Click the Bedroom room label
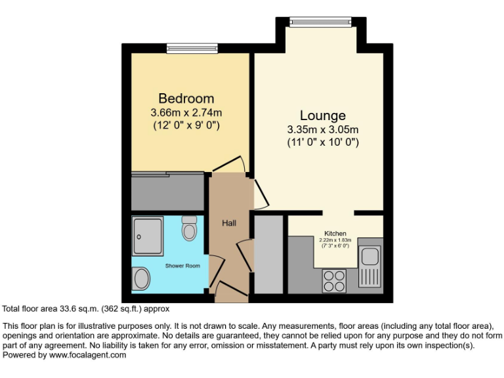(x=186, y=99)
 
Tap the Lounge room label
(x=322, y=115)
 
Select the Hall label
(x=228, y=223)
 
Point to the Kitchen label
(x=335, y=233)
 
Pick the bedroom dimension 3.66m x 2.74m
(x=186, y=112)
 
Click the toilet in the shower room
(x=190, y=228)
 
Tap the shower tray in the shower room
(x=148, y=236)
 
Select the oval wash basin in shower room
(x=140, y=280)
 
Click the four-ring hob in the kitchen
(x=334, y=281)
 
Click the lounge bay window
(x=322, y=22)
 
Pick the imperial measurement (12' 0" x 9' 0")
(x=186, y=125)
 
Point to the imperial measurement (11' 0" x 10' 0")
(x=322, y=141)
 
